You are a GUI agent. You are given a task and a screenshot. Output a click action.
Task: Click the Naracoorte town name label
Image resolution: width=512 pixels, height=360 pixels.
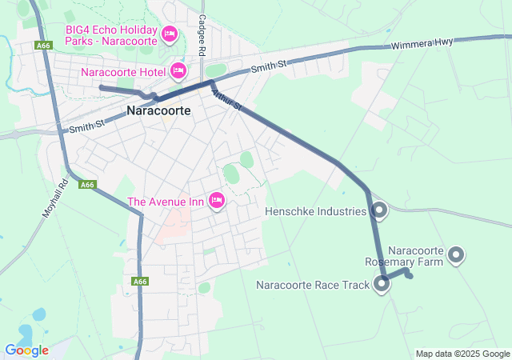click(x=158, y=111)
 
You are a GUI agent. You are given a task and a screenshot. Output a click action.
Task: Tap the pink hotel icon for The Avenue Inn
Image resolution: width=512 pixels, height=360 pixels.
click(x=216, y=201)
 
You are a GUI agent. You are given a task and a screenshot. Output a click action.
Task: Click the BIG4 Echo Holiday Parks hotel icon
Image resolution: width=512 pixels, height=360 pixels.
click(x=169, y=34)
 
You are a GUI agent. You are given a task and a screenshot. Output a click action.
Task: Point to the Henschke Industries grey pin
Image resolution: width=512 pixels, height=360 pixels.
click(x=379, y=210)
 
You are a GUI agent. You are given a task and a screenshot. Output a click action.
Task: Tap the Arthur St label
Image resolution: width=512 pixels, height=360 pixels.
click(x=226, y=100)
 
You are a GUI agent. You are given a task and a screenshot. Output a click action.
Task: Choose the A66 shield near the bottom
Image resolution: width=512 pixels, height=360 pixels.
click(x=140, y=282)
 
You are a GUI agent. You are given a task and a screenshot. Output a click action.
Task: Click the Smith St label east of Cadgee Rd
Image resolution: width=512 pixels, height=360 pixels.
click(x=269, y=67)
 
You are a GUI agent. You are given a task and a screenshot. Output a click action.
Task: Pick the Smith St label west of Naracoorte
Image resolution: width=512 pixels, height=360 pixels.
click(x=86, y=126)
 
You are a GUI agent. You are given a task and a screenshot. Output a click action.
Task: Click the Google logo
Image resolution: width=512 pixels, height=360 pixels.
click(x=26, y=350)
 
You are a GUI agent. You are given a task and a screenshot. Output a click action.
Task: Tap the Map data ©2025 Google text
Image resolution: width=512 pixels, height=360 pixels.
click(x=462, y=354)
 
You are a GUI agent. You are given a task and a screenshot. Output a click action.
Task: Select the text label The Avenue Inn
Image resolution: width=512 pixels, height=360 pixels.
click(x=166, y=202)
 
